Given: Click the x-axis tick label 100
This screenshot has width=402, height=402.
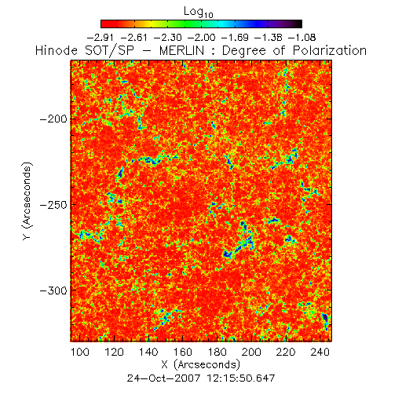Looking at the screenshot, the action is (x=80, y=352).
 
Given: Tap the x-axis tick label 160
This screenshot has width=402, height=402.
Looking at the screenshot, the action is (x=183, y=352).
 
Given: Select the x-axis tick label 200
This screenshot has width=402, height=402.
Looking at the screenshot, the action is (x=251, y=352).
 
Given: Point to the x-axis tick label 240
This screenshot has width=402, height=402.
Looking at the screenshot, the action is (x=320, y=352).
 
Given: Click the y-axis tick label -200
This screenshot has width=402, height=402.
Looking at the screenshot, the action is (x=53, y=119).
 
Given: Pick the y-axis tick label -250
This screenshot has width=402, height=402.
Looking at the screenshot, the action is (x=53, y=205).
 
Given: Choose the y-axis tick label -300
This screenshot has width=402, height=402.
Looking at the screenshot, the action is (x=53, y=291).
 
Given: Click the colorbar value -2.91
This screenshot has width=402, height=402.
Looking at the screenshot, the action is (x=100, y=38).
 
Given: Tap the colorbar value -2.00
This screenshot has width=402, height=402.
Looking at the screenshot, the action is (x=202, y=38).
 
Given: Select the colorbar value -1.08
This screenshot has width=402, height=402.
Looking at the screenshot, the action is (x=302, y=38).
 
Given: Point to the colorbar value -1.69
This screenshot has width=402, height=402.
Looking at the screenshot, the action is (x=235, y=38).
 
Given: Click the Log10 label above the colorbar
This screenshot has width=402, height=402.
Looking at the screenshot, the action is (x=199, y=12).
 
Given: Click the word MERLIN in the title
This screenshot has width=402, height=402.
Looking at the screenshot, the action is (x=181, y=50).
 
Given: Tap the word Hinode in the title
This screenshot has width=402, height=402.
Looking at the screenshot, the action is (x=57, y=50).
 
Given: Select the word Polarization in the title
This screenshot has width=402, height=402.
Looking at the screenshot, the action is (x=330, y=50).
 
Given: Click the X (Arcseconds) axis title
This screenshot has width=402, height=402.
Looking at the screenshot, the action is (x=201, y=364).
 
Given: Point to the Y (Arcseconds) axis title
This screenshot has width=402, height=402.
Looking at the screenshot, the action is (x=27, y=201).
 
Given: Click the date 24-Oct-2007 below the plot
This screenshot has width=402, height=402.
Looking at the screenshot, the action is (x=163, y=378).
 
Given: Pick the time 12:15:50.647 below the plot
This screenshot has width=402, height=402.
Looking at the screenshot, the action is (x=241, y=378).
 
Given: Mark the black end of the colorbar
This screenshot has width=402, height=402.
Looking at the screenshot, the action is (x=300, y=24).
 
